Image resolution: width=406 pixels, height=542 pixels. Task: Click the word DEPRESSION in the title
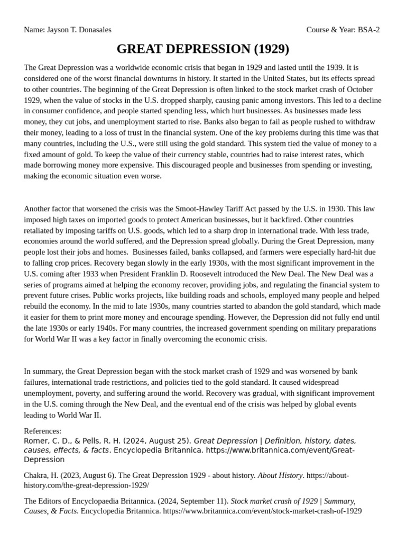click(x=205, y=49)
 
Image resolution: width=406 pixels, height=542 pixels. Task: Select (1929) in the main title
click(x=271, y=49)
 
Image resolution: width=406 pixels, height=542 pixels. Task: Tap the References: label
click(x=43, y=431)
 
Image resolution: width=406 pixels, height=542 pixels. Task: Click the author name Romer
click(x=35, y=441)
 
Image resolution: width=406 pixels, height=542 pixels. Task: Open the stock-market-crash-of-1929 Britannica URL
click(x=262, y=511)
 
